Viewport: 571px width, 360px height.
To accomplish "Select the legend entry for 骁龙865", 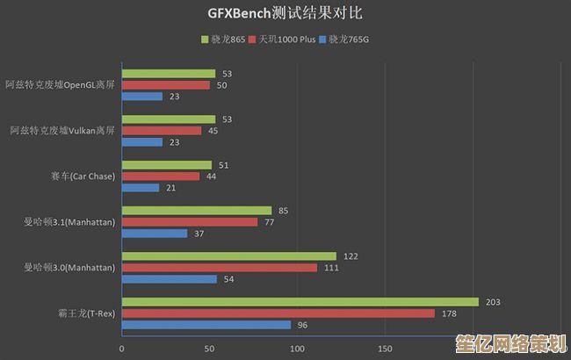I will click(227, 40).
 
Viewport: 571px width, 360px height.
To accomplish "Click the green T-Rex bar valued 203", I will click(300, 302).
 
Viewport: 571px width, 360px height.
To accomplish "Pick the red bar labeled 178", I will click(278, 313).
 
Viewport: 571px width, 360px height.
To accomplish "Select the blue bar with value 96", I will click(206, 325).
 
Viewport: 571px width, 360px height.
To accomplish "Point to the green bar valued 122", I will click(228, 256).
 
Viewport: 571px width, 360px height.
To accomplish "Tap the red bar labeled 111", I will click(219, 268).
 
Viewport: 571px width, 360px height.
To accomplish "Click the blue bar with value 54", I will click(169, 279).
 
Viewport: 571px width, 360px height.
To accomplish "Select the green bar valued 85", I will click(196, 211).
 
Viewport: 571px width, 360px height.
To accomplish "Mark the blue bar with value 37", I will click(154, 234).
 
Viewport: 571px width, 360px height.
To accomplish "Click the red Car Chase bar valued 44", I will click(160, 176).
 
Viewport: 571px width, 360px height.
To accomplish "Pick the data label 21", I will click(170, 188).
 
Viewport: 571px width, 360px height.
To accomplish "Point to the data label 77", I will click(270, 222).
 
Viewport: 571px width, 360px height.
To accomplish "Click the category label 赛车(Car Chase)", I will click(83, 176).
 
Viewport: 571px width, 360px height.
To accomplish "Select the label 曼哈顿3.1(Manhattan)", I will click(69, 222).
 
